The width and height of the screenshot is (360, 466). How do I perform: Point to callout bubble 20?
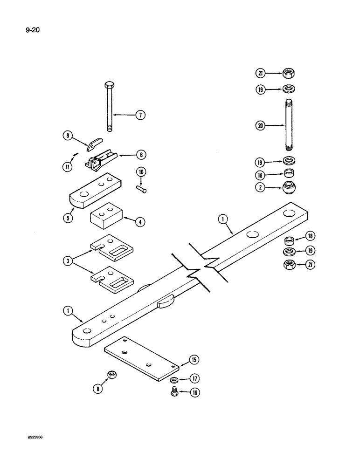[x=260, y=125]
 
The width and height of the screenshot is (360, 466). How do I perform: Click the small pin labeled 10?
[x=142, y=189]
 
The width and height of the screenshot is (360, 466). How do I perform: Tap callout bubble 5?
[x=69, y=217]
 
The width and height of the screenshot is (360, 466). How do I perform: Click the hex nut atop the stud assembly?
[x=289, y=73]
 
